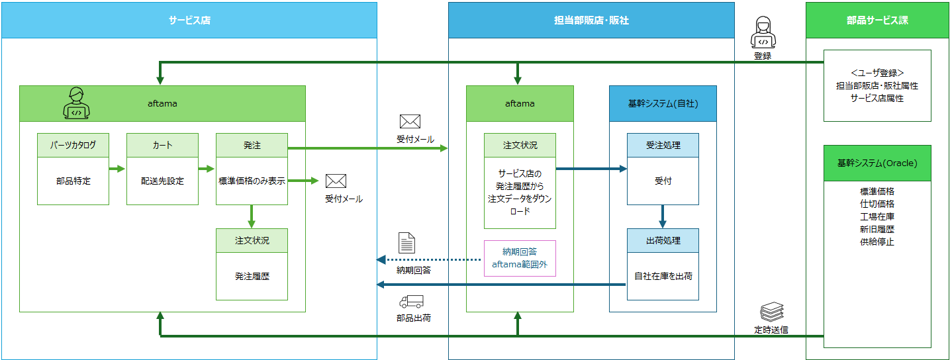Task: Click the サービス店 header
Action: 189,21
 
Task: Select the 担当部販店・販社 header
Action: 591,21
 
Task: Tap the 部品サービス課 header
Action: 877,21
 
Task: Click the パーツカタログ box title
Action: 73,145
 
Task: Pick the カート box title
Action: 162,145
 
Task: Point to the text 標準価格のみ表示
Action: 252,181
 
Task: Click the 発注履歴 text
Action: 252,276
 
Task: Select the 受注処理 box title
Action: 663,145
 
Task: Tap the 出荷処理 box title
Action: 663,240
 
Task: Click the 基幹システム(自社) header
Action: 663,103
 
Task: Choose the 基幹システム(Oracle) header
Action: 877,163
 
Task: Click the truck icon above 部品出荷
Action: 411,301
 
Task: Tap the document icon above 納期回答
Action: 406,243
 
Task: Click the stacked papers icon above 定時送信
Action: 771,311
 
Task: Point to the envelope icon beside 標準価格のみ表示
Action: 336,181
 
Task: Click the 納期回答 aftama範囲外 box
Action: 520,258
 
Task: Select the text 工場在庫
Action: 877,216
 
